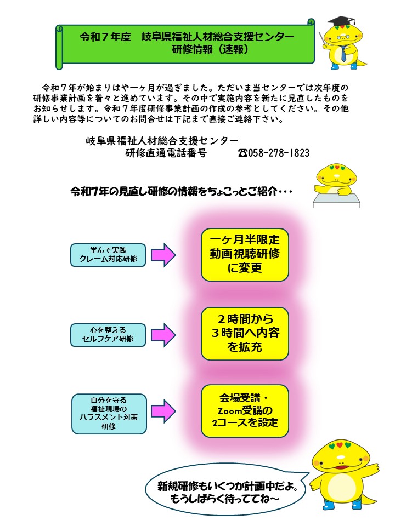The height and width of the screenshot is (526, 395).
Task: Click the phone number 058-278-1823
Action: (279, 153)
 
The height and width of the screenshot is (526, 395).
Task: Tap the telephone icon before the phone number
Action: (243, 153)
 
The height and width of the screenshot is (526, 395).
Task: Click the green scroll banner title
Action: (187, 43)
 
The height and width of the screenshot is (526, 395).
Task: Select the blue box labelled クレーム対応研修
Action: (108, 255)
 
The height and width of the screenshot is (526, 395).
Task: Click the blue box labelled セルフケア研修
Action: (108, 335)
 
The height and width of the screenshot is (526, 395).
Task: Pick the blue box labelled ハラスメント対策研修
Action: (109, 414)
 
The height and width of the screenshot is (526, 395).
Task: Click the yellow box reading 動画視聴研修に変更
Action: (245, 255)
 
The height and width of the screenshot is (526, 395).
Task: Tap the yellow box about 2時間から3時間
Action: (245, 334)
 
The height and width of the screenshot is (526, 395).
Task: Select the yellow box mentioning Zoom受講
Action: (245, 411)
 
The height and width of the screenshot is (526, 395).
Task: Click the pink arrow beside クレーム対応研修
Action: (163, 255)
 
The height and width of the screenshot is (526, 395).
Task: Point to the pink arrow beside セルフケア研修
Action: (163, 335)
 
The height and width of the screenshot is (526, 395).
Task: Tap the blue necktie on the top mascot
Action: (343, 54)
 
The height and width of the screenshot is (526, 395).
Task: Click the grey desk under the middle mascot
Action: (336, 201)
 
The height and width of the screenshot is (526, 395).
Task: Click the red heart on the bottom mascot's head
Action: (339, 445)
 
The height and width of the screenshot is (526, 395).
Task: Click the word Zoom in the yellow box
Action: (230, 410)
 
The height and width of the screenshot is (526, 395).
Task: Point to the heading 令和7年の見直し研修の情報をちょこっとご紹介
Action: (182, 192)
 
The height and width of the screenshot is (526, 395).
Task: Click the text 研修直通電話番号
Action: (166, 153)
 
